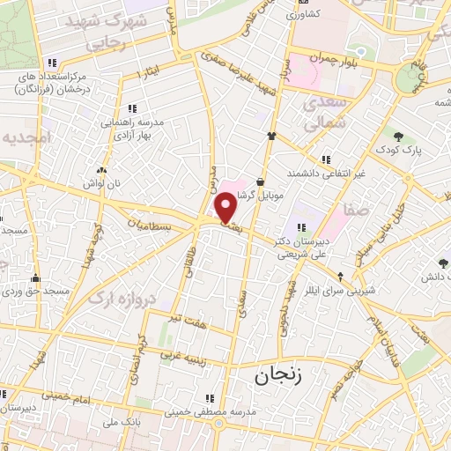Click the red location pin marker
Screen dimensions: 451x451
(226, 208)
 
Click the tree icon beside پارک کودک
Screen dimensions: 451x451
(399, 136)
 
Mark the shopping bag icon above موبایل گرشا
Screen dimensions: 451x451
(261, 181)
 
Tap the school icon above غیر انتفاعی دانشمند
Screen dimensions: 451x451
(326, 159)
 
